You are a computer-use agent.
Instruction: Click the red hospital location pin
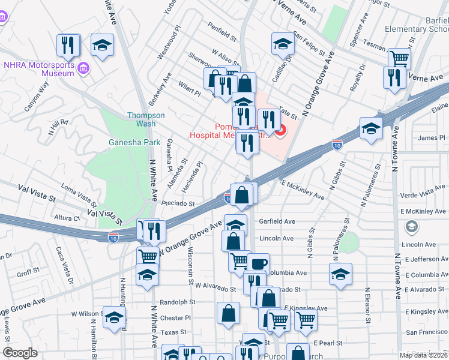coord(280,129)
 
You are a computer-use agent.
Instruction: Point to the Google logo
coord(20,353)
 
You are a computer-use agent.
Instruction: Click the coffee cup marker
coord(258,264)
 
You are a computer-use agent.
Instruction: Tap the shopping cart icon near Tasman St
coord(399,59)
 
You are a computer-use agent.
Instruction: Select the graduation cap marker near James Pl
coord(371,128)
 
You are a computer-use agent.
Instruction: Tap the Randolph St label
coord(178,302)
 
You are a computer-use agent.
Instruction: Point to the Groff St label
coord(28,272)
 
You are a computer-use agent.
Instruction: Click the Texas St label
coord(173,332)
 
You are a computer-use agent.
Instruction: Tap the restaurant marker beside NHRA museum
coord(68,45)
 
